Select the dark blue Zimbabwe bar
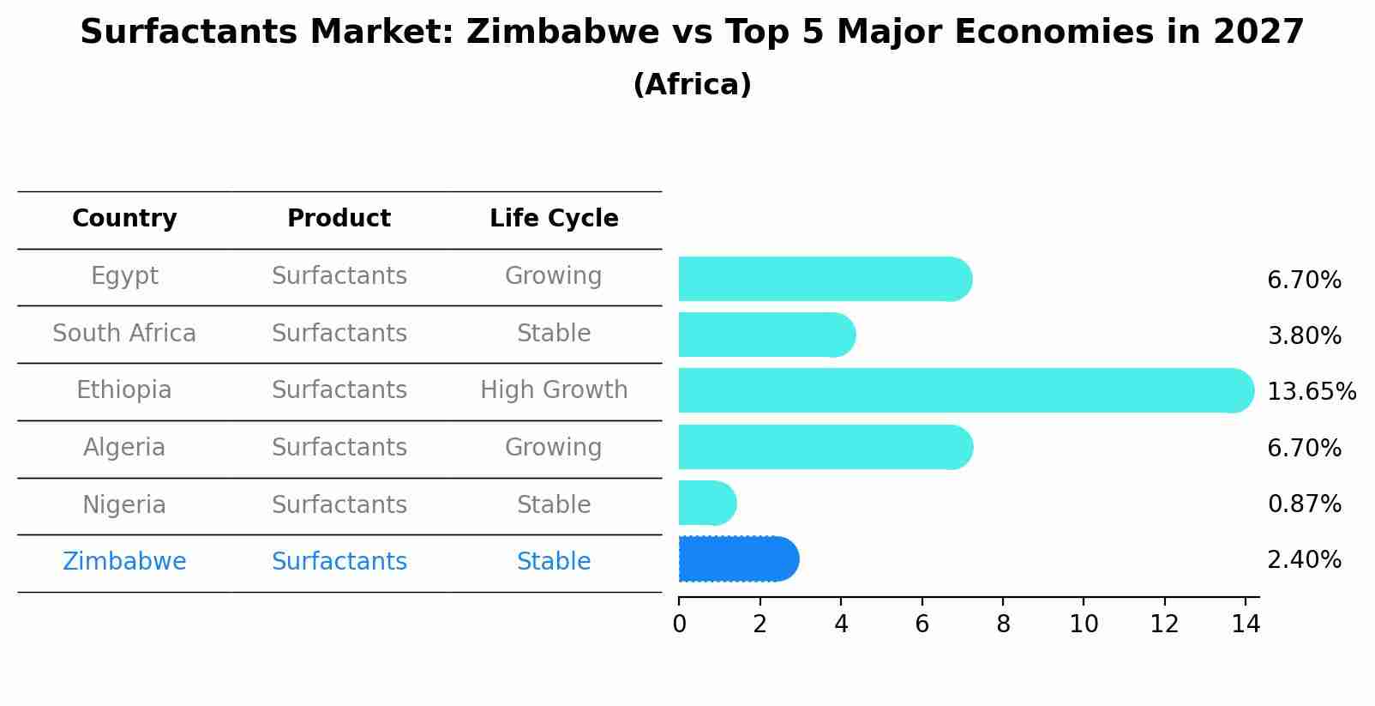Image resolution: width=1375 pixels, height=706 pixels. pyautogui.click(x=737, y=559)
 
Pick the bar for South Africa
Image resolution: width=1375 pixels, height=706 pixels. pyautogui.click(x=766, y=335)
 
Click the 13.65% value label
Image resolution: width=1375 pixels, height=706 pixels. pyautogui.click(x=1311, y=392)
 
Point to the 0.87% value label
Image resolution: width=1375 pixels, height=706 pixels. pyautogui.click(x=1304, y=504)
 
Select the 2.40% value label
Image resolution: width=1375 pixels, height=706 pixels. pyautogui.click(x=1304, y=560)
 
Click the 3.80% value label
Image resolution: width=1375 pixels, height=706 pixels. pyautogui.click(x=1304, y=336)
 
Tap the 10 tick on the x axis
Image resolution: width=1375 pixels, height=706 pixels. pyautogui.click(x=1084, y=625)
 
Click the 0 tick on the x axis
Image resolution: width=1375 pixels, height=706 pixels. pyautogui.click(x=679, y=625)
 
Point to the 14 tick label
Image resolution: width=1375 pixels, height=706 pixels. pyautogui.click(x=1246, y=625)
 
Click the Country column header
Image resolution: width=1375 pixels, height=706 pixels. pyautogui.click(x=124, y=219)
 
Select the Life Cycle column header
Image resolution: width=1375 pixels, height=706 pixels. pyautogui.click(x=554, y=219)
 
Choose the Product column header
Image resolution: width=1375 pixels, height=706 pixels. pyautogui.click(x=339, y=219)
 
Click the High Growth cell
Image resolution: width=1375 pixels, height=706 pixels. pyautogui.click(x=554, y=390)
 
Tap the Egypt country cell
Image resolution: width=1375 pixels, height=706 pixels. pyautogui.click(x=124, y=276)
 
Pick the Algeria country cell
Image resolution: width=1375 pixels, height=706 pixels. pyautogui.click(x=124, y=448)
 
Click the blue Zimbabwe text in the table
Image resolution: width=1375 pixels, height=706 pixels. pyautogui.click(x=124, y=562)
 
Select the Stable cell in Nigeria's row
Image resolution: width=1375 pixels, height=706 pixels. pyautogui.click(x=554, y=505)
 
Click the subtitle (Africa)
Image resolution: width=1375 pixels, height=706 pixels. pyautogui.click(x=692, y=85)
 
